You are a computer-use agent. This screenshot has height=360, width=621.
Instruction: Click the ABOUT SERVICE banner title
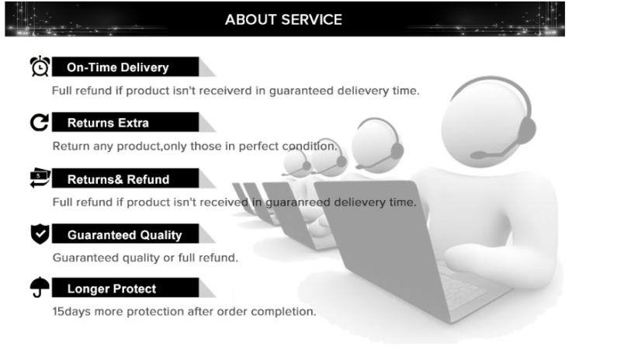click(283, 20)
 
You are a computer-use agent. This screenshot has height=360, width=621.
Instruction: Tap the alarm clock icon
click(40, 66)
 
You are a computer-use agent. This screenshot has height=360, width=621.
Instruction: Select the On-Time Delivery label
click(118, 67)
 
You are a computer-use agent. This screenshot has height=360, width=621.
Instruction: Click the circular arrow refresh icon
click(40, 122)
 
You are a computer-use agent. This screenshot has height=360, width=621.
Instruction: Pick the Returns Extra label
click(108, 123)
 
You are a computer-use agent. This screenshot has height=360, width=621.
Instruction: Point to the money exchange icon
click(40, 178)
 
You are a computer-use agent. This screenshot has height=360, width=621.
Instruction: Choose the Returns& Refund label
click(119, 179)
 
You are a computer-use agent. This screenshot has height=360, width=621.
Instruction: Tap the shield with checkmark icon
click(40, 234)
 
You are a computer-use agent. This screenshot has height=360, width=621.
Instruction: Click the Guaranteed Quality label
click(124, 235)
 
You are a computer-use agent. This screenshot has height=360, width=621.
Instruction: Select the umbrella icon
click(40, 287)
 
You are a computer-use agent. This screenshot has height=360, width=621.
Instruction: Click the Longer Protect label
click(112, 289)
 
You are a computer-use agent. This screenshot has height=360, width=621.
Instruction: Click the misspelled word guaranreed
click(297, 202)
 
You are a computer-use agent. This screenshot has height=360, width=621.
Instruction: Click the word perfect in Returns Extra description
click(258, 146)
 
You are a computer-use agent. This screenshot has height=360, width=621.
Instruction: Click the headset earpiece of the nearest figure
click(526, 130)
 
